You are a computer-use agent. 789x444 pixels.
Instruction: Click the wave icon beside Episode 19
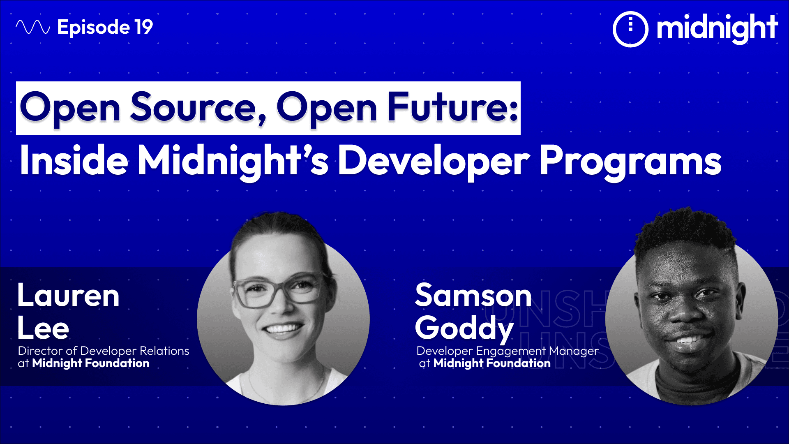pyautogui.click(x=33, y=27)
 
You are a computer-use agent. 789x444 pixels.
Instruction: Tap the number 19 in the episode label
pyautogui.click(x=143, y=27)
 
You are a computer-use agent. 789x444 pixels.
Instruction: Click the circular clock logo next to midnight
pyautogui.click(x=630, y=29)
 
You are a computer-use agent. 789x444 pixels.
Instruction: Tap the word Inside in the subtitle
pyautogui.click(x=74, y=161)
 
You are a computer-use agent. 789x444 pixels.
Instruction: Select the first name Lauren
pyautogui.click(x=68, y=296)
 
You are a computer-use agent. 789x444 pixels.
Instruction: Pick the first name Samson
pyautogui.click(x=473, y=296)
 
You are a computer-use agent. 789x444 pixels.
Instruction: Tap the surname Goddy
pyautogui.click(x=464, y=328)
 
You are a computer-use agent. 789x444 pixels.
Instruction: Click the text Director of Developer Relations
pyautogui.click(x=104, y=351)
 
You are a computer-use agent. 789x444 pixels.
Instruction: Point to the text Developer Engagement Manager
pyautogui.click(x=507, y=351)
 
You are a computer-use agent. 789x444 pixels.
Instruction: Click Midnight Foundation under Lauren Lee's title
pyautogui.click(x=91, y=363)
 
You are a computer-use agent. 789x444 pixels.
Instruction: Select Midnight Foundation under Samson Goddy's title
pyautogui.click(x=492, y=363)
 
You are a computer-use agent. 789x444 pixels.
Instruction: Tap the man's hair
pyautogui.click(x=684, y=230)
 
